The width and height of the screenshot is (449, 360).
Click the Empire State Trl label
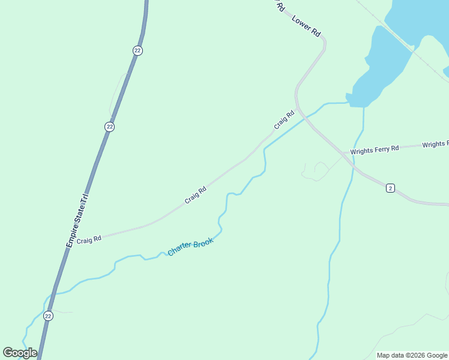coord(77,220)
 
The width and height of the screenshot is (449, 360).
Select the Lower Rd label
coord(306,27)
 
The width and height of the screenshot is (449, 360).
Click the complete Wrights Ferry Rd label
coord(375,149)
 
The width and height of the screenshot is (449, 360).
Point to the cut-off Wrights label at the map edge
coord(435,145)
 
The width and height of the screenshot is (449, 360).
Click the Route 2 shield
coord(390,188)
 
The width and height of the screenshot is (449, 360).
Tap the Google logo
coord(20,353)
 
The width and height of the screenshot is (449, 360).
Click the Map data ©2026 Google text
coord(412,355)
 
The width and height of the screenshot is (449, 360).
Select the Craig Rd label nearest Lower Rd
coord(285,119)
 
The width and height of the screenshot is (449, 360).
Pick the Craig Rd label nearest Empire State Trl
coord(89,239)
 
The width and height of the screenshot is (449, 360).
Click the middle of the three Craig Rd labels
coord(196,194)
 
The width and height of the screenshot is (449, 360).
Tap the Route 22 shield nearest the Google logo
coord(49,316)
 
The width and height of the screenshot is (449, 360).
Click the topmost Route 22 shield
coord(137,50)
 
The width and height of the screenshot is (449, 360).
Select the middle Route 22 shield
coord(109,127)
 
